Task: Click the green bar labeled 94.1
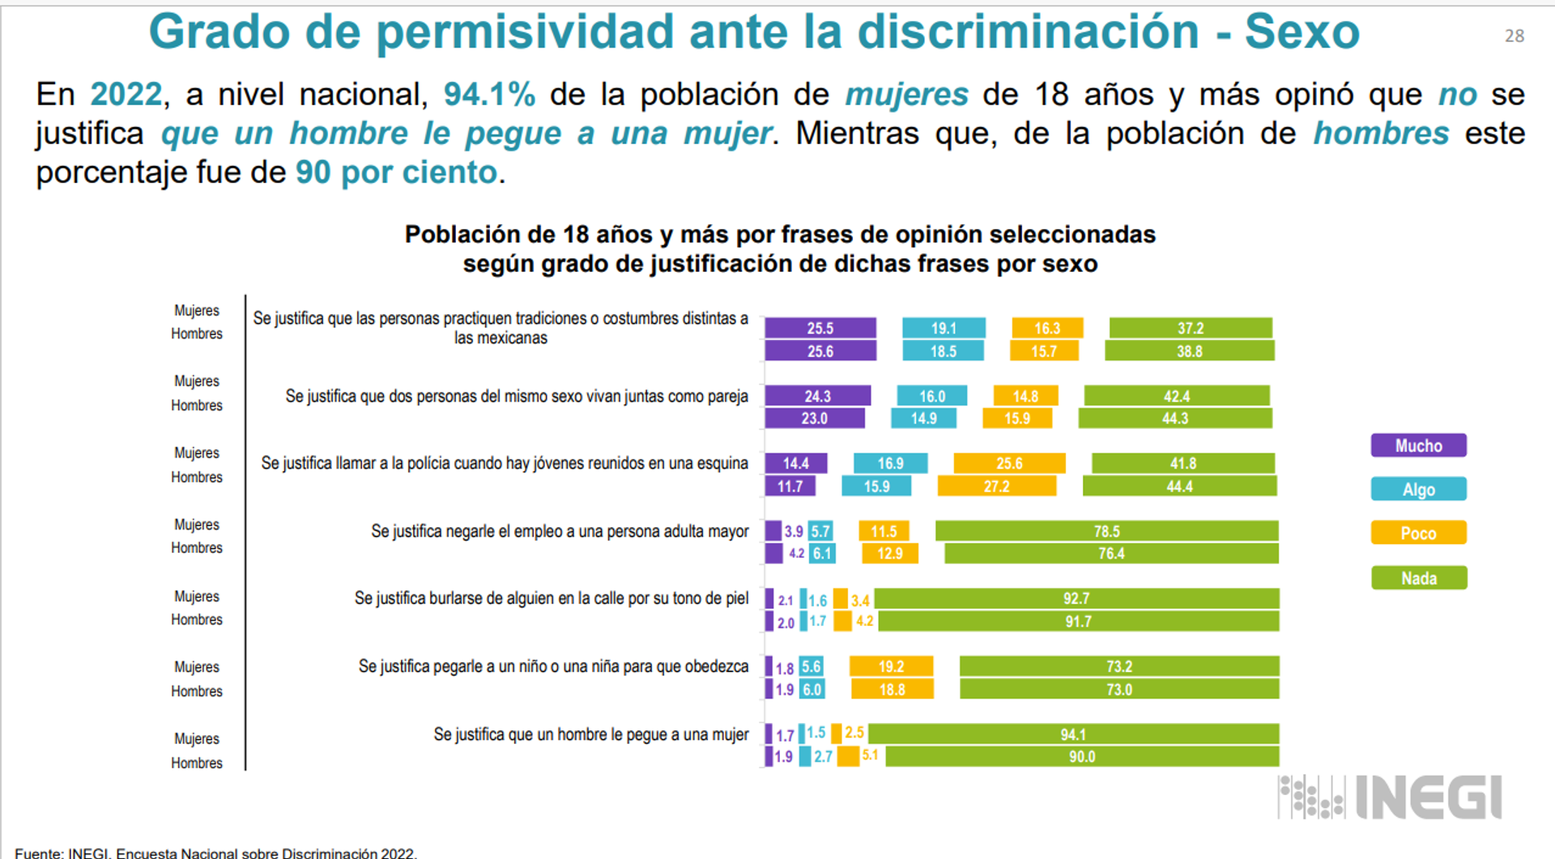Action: click(x=1073, y=734)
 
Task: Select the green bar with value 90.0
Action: click(x=1082, y=757)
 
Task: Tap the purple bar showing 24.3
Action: click(x=817, y=396)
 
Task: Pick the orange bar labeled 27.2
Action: click(x=997, y=487)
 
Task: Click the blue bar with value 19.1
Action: click(x=944, y=328)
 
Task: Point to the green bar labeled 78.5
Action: click(x=1106, y=531)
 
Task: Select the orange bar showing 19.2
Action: click(x=891, y=666)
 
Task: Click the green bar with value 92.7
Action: click(x=1076, y=598)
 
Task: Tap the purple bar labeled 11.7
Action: click(x=790, y=487)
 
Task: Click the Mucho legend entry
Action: click(x=1418, y=445)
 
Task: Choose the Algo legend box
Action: click(x=1418, y=489)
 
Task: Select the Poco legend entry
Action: click(x=1418, y=533)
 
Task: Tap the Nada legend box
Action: click(x=1418, y=578)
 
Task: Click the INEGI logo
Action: click(x=1391, y=797)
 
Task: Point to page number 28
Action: click(x=1514, y=36)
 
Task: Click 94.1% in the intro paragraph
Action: click(x=489, y=95)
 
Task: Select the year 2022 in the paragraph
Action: click(x=126, y=95)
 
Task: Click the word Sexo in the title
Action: click(x=1302, y=32)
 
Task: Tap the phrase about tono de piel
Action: click(x=551, y=598)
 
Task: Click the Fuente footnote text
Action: click(x=215, y=853)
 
